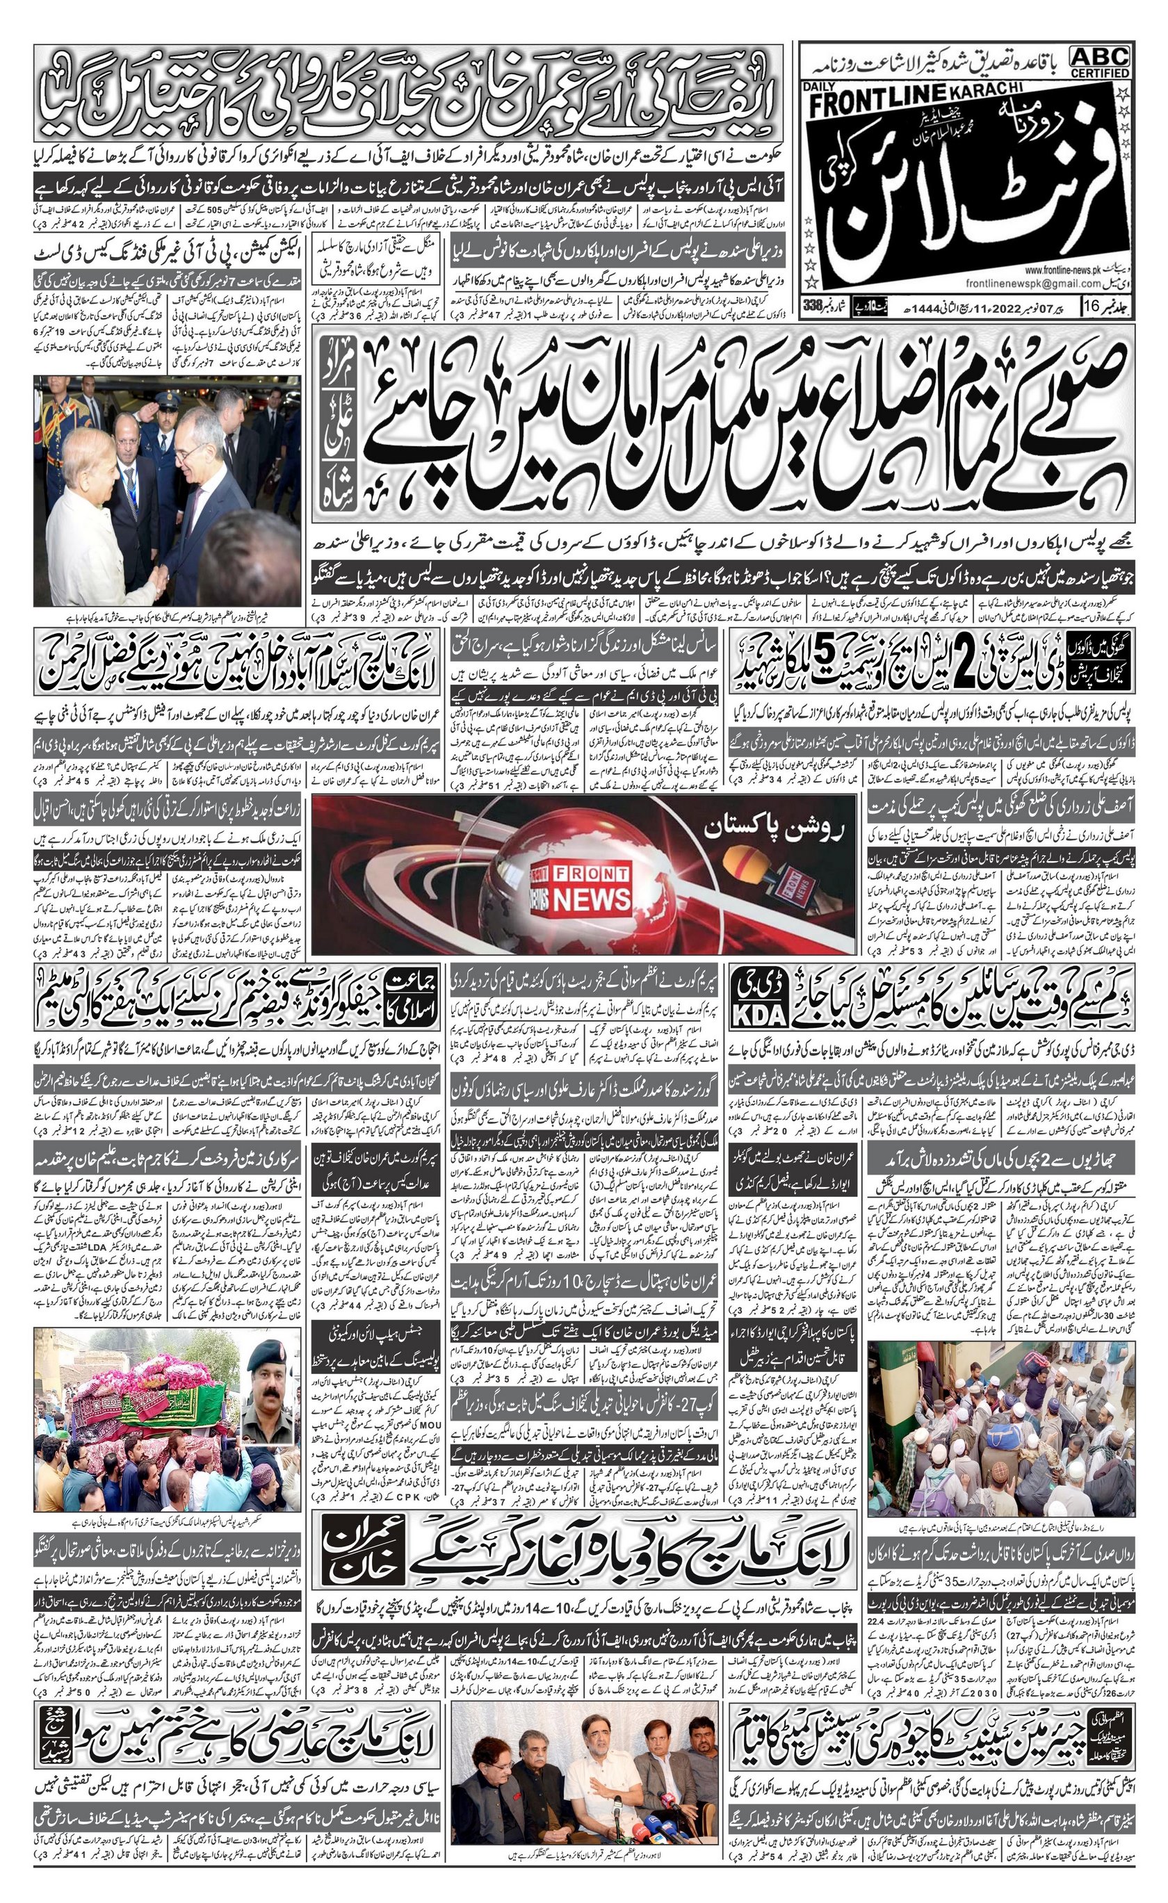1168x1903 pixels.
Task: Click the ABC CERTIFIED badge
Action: coord(1100,61)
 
